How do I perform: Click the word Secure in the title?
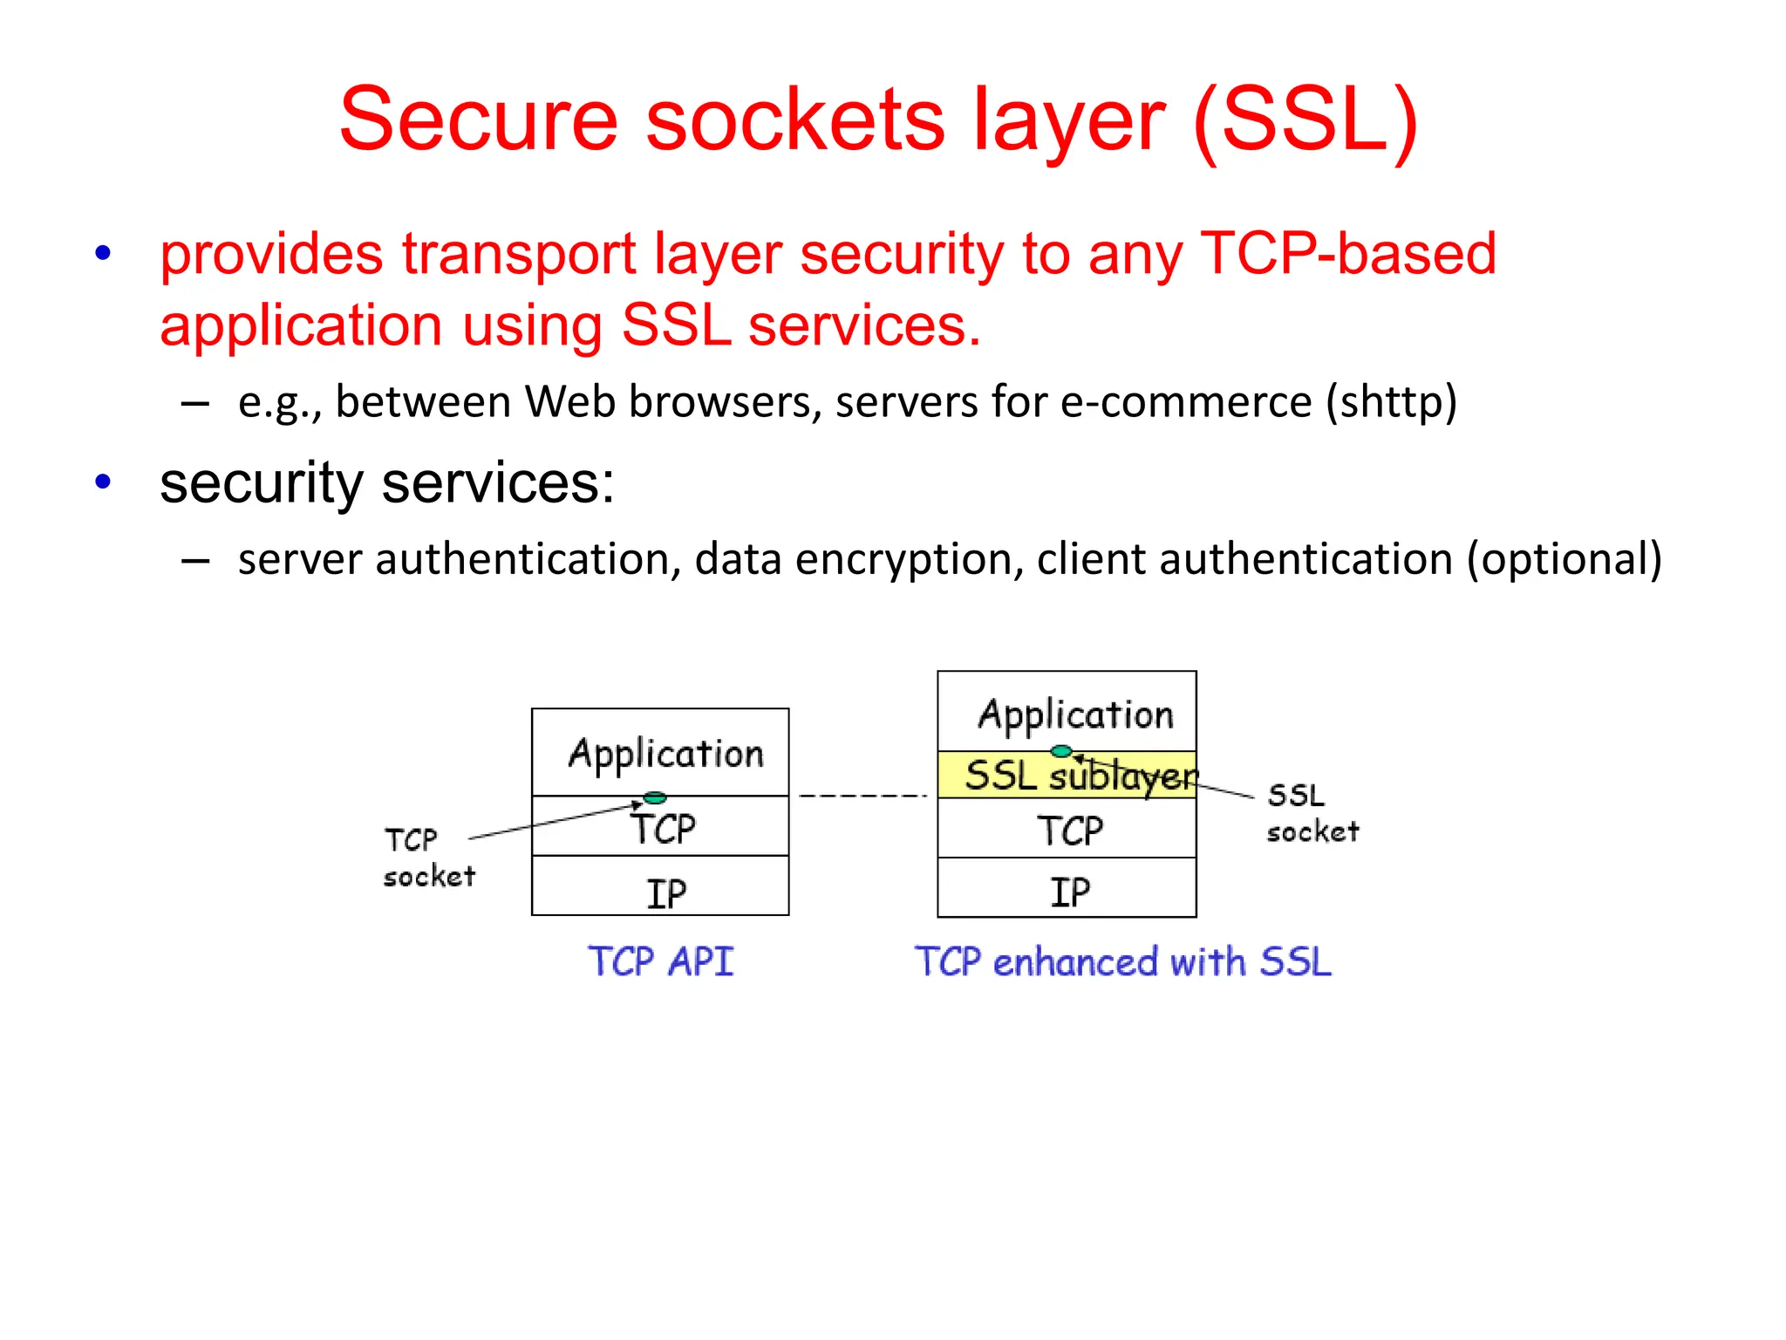(x=478, y=120)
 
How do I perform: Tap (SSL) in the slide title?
(x=1305, y=120)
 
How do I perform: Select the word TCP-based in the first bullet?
(x=1348, y=254)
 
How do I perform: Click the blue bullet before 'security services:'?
(x=103, y=482)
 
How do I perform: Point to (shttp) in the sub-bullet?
(x=1391, y=402)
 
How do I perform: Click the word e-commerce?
(x=1186, y=402)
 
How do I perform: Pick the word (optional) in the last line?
(x=1564, y=559)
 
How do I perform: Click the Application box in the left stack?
(x=660, y=752)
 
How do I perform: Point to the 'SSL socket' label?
(x=1311, y=813)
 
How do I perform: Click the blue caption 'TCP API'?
(x=660, y=961)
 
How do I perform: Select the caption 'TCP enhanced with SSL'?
(x=1122, y=961)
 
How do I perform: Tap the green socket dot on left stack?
(x=654, y=797)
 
